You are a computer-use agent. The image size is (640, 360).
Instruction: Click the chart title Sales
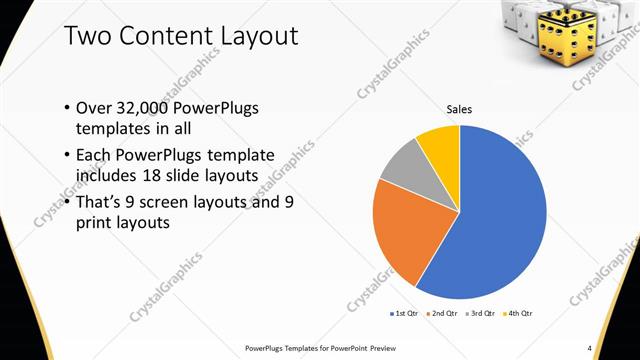459,110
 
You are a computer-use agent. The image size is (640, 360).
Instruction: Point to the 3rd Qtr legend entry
481,313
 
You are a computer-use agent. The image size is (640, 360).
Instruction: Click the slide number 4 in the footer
590,347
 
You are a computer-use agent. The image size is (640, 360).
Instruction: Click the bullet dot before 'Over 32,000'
66,108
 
